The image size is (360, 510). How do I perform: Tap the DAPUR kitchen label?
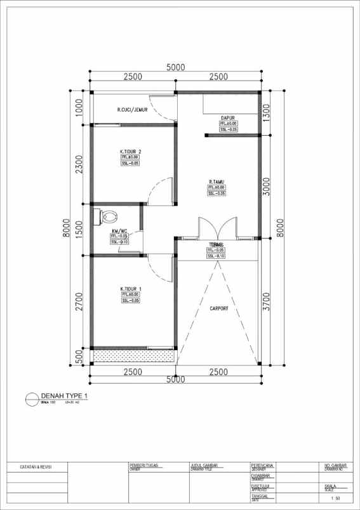(229, 118)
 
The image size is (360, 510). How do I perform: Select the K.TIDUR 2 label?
(130, 152)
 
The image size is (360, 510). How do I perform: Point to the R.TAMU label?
(217, 181)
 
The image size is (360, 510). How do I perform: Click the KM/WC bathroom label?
(119, 230)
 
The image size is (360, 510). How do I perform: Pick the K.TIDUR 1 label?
(130, 289)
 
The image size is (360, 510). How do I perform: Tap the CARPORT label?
(219, 309)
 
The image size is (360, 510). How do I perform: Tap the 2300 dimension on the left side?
(79, 165)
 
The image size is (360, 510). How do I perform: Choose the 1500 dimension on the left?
(79, 228)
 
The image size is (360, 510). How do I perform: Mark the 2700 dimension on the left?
(79, 301)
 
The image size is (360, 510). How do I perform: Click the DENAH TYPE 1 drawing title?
(63, 395)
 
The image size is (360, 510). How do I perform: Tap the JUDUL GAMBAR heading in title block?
(204, 466)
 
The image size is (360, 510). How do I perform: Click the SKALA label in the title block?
(330, 487)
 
